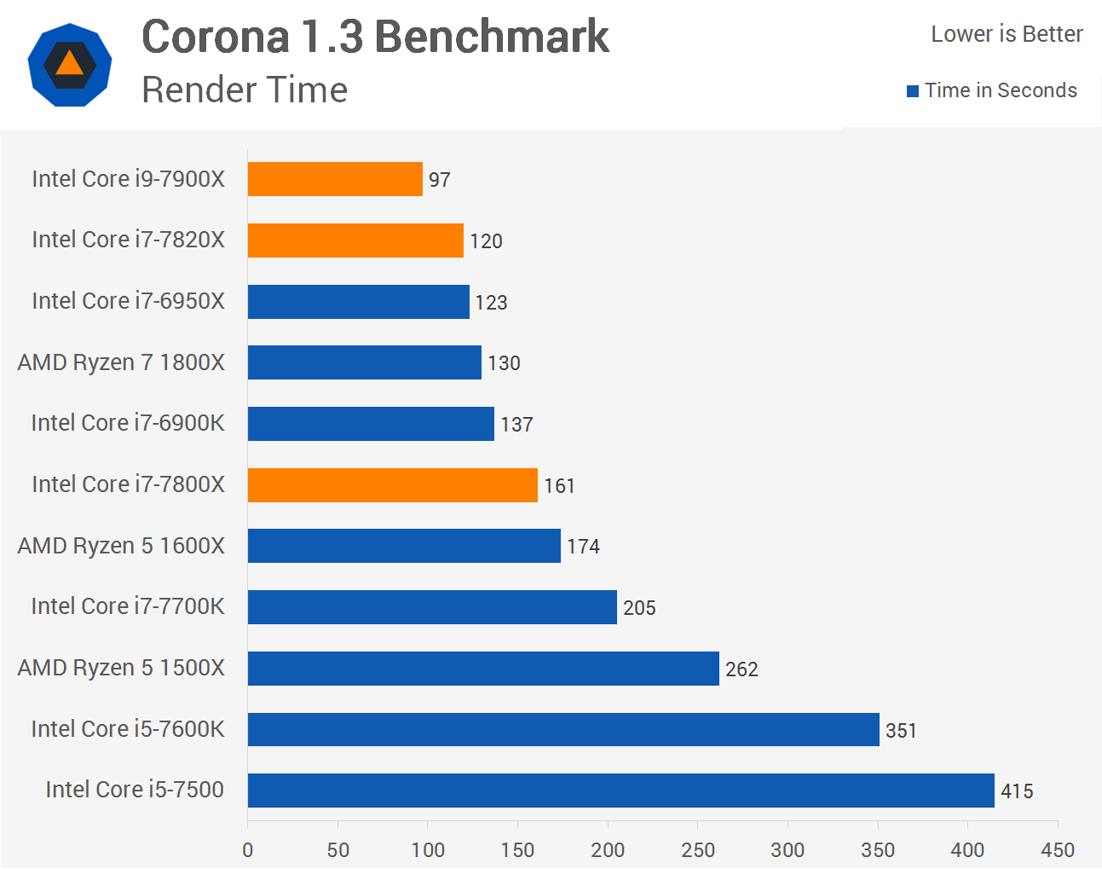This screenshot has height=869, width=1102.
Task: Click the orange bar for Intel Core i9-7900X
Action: [335, 179]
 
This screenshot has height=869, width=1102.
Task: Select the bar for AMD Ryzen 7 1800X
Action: [364, 362]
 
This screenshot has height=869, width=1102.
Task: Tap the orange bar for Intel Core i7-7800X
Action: [392, 485]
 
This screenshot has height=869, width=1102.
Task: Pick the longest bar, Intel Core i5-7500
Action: [620, 791]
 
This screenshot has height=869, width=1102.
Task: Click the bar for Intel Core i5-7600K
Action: [563, 730]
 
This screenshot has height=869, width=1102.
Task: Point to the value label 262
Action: [741, 669]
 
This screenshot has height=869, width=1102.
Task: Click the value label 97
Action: [439, 180]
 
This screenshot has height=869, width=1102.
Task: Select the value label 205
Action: [639, 608]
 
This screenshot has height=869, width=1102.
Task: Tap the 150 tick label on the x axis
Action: [517, 850]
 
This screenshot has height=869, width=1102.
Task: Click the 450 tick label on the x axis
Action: [1058, 850]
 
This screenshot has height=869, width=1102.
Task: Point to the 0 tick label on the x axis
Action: [248, 850]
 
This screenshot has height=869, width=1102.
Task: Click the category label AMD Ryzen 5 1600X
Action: [121, 546]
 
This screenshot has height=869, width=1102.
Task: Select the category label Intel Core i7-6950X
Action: [128, 301]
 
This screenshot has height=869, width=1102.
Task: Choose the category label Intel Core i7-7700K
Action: [128, 606]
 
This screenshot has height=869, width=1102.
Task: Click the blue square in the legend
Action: [913, 91]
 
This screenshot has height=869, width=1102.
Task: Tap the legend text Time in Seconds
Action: [1001, 90]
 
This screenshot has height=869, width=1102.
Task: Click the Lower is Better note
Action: [1007, 34]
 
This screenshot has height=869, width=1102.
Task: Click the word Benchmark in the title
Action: [492, 37]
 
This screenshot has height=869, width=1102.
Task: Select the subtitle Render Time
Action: [245, 90]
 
